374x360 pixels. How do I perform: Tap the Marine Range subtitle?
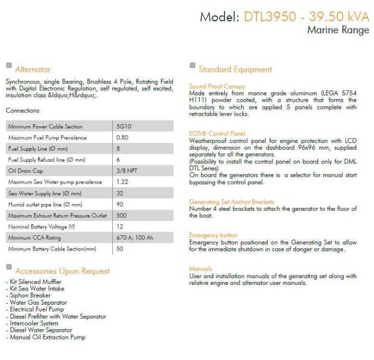(x=337, y=30)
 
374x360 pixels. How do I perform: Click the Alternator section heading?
(x=33, y=69)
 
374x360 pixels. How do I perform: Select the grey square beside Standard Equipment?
(x=192, y=66)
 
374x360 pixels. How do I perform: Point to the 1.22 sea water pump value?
(x=122, y=182)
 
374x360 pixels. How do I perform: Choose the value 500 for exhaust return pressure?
(x=122, y=215)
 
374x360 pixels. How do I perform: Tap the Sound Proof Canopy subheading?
(x=217, y=87)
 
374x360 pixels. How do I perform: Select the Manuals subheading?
(x=200, y=269)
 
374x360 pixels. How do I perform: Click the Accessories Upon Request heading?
(x=62, y=271)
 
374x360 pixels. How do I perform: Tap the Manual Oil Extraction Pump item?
(x=47, y=337)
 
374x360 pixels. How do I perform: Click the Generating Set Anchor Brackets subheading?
(x=231, y=202)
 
